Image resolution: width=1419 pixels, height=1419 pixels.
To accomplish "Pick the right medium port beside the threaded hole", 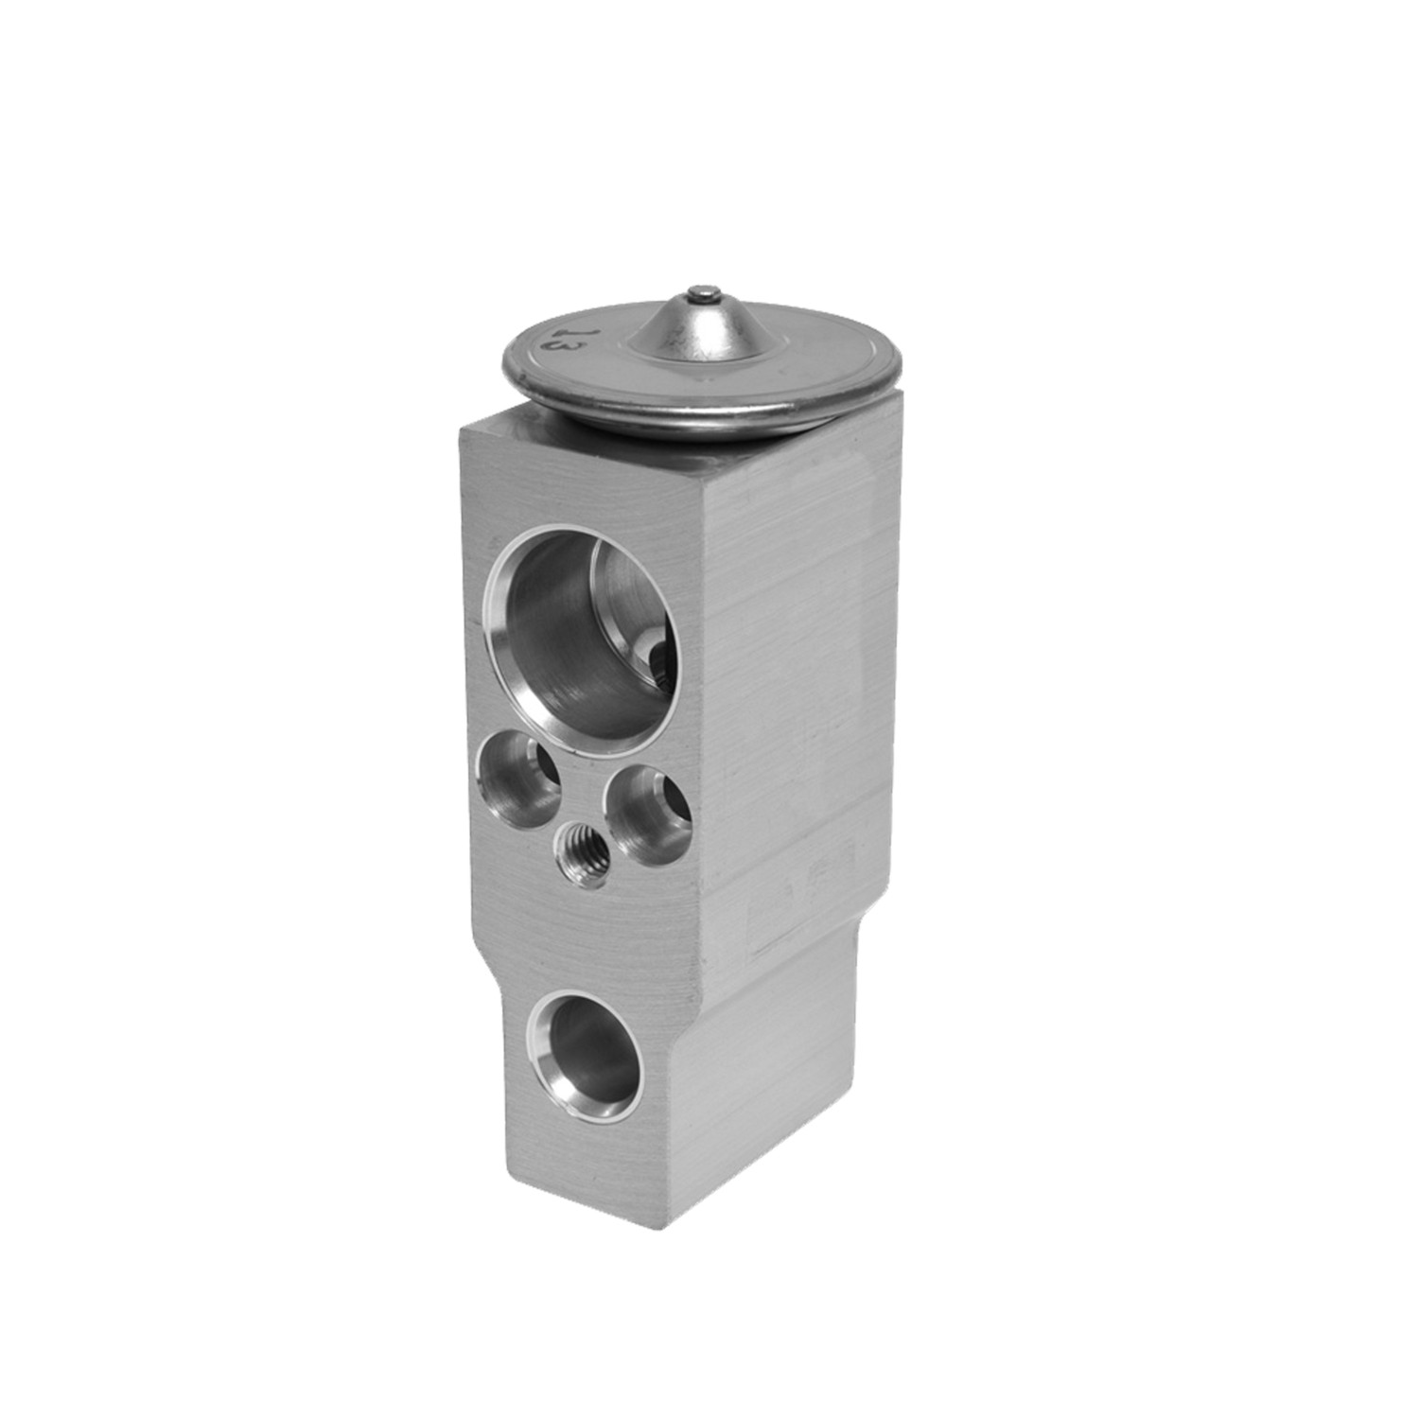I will pos(648,816).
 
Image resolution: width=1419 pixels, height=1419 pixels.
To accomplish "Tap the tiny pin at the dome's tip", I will pos(699,291).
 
